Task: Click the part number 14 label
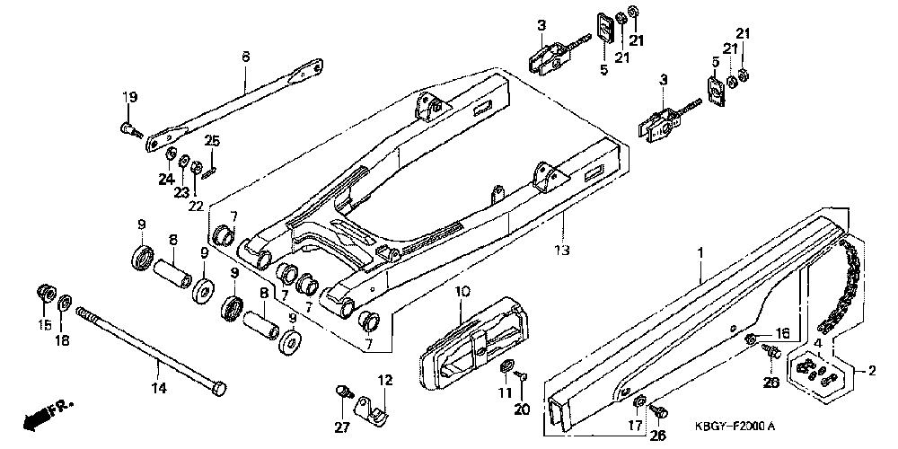[x=158, y=388]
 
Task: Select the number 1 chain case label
[x=703, y=255]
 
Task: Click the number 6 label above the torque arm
[x=244, y=56]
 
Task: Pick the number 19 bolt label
[x=129, y=97]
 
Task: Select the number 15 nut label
[x=42, y=323]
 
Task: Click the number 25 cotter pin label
[x=212, y=140]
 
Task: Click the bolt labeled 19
[x=129, y=131]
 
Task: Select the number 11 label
[x=505, y=393]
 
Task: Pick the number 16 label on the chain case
[x=781, y=332]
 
